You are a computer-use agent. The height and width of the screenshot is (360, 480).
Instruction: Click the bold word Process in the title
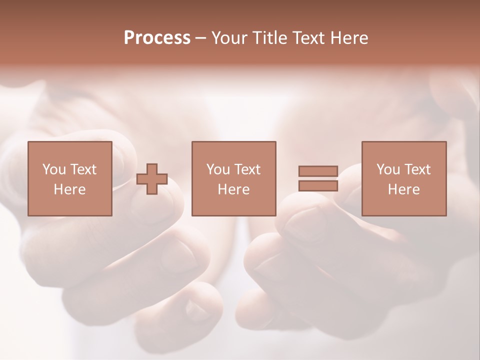click(157, 38)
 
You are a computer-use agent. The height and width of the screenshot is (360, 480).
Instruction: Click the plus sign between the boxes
click(152, 179)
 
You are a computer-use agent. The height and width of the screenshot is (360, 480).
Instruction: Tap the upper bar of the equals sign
click(318, 171)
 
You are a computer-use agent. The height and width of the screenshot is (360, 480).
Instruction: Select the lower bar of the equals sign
click(318, 186)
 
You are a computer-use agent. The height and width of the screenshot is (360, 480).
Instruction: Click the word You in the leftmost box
click(54, 169)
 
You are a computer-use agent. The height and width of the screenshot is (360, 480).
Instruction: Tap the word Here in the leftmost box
click(69, 189)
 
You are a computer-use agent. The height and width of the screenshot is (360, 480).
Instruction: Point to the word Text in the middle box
click(247, 169)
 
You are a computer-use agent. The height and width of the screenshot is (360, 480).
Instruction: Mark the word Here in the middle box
click(233, 189)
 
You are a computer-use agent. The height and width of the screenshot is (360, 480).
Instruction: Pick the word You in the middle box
click(218, 169)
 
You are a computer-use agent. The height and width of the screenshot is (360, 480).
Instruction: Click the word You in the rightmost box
click(388, 169)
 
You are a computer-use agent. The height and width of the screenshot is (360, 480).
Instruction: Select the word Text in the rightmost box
click(417, 169)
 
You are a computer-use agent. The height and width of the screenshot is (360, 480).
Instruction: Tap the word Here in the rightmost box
click(403, 189)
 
